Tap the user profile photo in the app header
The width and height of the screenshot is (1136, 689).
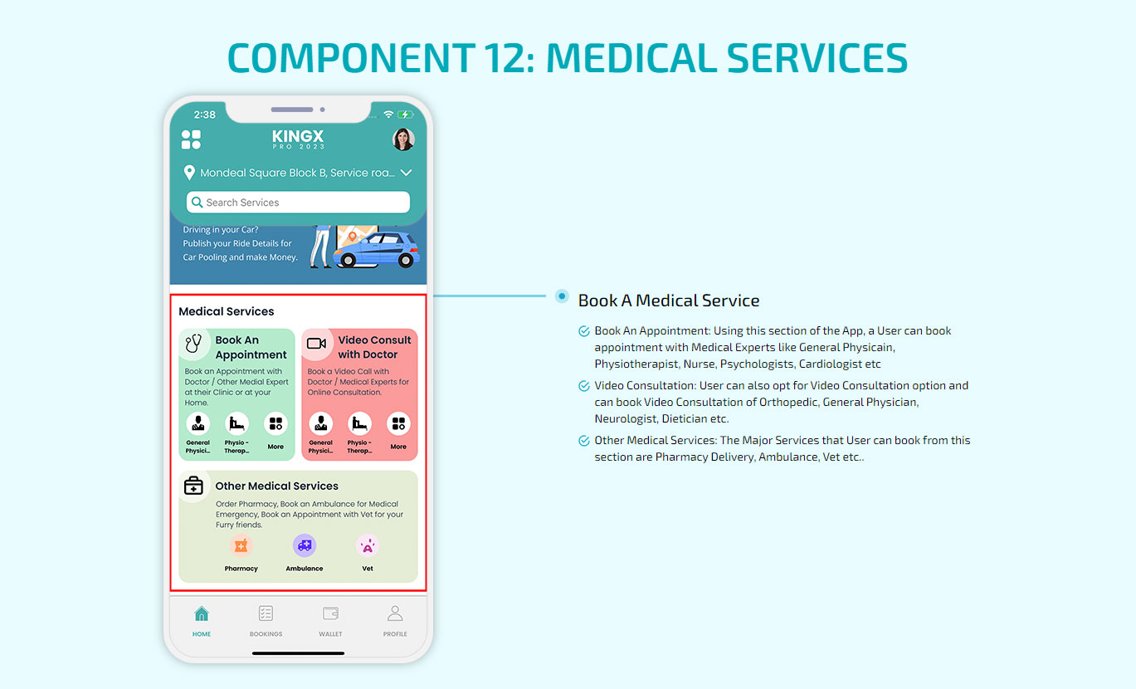pos(403,139)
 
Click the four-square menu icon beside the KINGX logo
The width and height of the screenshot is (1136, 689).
pos(191,139)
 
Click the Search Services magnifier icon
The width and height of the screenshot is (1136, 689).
pos(197,202)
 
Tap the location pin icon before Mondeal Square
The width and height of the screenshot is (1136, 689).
pos(189,173)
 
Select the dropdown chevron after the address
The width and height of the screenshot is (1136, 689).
pos(406,173)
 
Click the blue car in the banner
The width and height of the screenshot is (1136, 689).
pos(376,250)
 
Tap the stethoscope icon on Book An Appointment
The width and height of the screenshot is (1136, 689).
pos(193,344)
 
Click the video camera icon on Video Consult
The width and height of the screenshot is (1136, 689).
pos(316,344)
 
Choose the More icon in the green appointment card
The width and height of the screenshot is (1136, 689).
pos(275,423)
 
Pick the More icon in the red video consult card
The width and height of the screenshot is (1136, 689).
pos(398,423)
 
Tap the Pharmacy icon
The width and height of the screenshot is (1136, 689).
pos(241,545)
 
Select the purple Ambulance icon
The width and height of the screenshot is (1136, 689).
pos(305,545)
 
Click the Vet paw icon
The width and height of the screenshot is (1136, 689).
pos(367,546)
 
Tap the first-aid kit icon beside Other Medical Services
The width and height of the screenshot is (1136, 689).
pos(193,486)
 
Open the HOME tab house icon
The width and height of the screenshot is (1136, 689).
pos(202,614)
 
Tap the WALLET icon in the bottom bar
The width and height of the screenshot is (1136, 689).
pos(330,613)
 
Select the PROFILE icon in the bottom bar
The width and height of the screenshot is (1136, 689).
pos(395,613)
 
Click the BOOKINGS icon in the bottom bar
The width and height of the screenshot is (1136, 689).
pos(266,613)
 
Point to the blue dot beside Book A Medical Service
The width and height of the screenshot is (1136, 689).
pos(562,296)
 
